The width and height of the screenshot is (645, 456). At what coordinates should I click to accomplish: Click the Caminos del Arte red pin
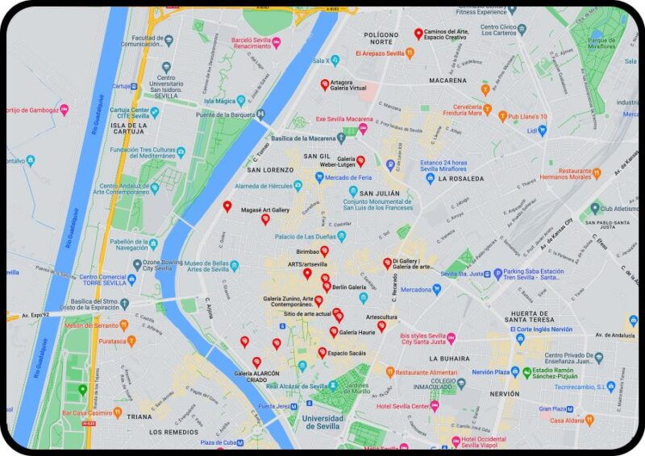click(418, 33)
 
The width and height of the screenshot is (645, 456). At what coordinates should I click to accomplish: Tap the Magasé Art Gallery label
click(264, 210)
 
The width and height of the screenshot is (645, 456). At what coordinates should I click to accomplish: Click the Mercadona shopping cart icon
click(436, 289)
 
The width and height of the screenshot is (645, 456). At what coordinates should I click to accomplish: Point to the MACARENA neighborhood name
click(447, 81)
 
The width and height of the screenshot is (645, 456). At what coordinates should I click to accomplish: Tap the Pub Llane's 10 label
click(527, 117)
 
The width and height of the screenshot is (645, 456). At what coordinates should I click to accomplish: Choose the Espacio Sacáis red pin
click(322, 352)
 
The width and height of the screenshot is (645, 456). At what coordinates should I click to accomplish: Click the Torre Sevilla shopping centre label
click(102, 281)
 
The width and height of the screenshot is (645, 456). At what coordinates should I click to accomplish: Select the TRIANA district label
click(139, 417)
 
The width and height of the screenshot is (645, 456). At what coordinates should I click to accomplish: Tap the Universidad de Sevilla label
click(322, 423)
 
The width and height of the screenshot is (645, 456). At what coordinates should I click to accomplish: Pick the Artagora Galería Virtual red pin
click(325, 84)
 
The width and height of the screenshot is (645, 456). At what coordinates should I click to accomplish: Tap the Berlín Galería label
click(349, 287)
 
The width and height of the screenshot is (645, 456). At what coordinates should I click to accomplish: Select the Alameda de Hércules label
click(262, 186)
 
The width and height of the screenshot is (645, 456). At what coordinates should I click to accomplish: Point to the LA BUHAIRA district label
click(450, 358)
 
